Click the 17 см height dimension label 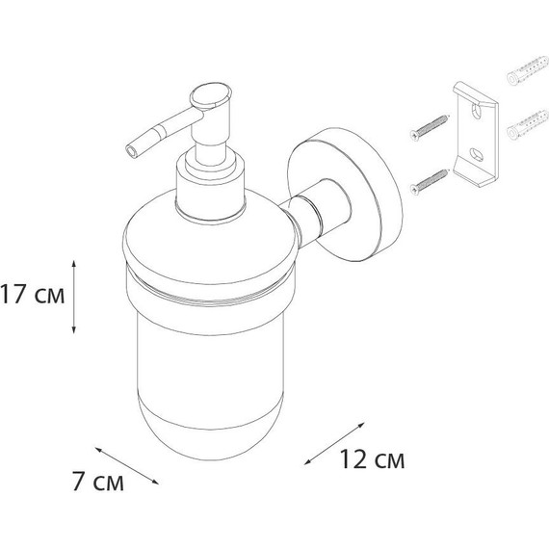tap(32, 294)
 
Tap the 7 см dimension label tap(98, 483)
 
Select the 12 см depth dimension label tap(372, 459)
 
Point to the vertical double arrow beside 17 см tap(73, 297)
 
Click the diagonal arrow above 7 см tap(127, 465)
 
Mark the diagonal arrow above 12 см tap(334, 444)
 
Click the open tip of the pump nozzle tap(132, 151)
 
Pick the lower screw tap(430, 181)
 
